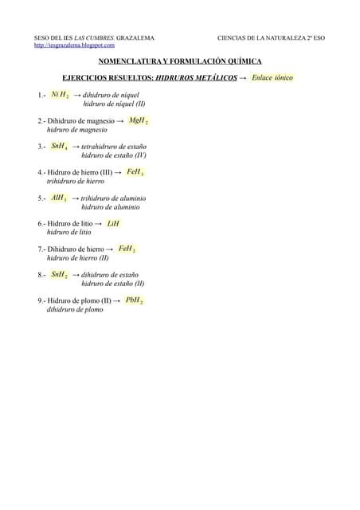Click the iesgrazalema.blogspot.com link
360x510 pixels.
coord(74,45)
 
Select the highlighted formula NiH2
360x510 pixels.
coord(59,95)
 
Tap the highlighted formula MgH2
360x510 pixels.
coord(138,120)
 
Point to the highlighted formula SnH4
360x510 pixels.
coord(59,147)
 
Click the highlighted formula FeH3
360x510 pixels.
coord(135,172)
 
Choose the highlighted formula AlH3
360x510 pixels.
coord(59,198)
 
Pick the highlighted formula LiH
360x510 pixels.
coord(112,224)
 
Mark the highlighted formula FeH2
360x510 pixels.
coord(127,249)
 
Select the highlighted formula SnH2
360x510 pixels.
coord(59,275)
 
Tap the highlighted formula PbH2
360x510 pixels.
coord(133,301)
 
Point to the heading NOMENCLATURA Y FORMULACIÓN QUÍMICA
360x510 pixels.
coord(179,61)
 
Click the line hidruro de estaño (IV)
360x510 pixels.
coord(113,155)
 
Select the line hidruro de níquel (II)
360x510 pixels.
coord(114,104)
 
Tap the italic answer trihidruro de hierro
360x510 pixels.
coord(76,181)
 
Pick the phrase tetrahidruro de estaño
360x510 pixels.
coord(114,147)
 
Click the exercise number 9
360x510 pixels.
coord(40,301)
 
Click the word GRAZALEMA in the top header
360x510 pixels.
coord(135,37)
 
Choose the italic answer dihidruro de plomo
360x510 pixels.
coord(75,310)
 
